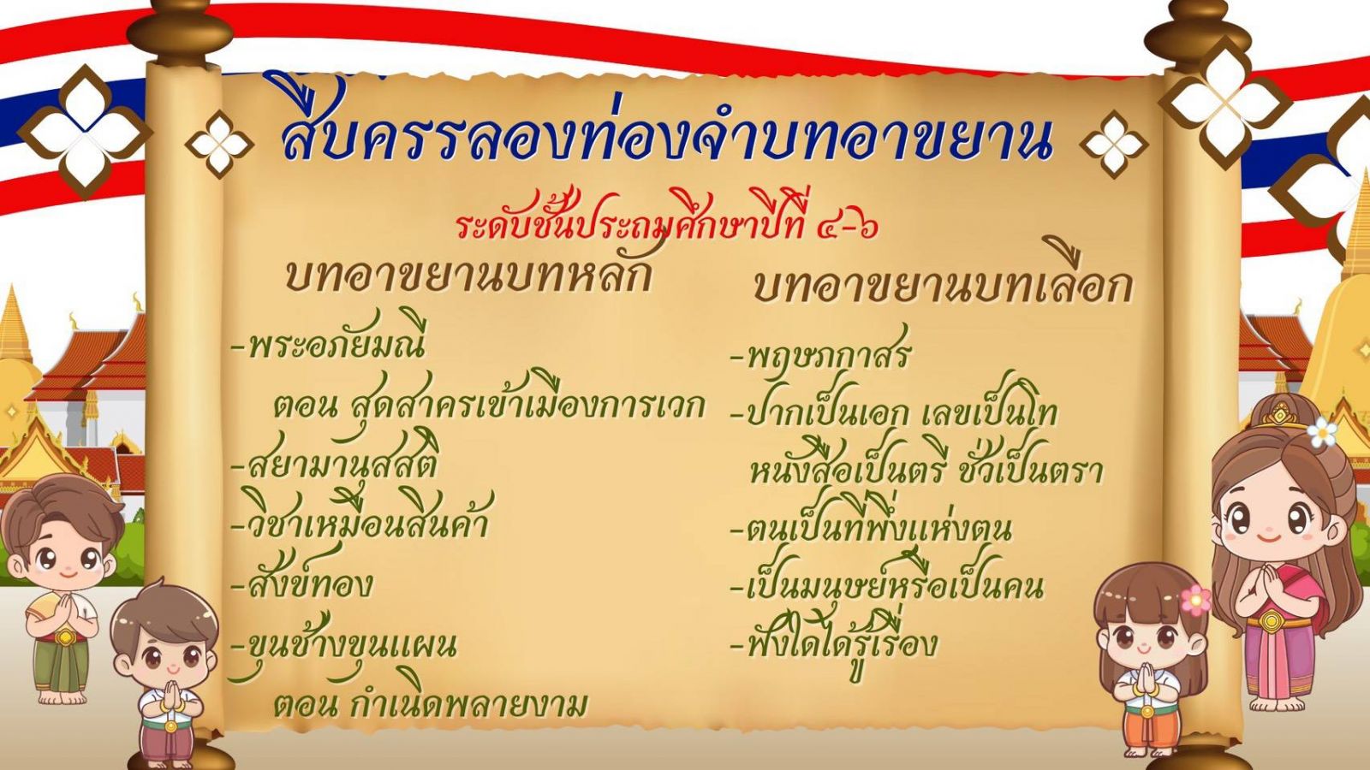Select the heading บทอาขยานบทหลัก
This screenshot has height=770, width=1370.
point(468,275)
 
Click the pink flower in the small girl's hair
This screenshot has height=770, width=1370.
point(1195,600)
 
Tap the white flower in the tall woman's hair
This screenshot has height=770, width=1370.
point(1322,431)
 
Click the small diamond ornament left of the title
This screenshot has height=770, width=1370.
point(219,145)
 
